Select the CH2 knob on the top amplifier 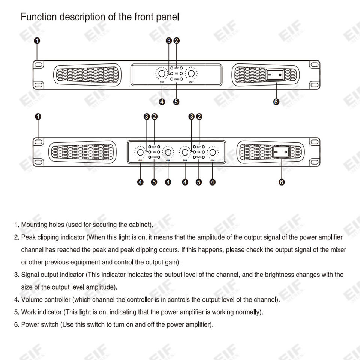[x=192, y=73]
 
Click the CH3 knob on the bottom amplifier [x=185, y=153]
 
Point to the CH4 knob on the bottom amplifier [x=213, y=153]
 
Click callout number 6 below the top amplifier [x=276, y=102]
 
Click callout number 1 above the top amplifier [x=37, y=40]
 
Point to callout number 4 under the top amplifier [x=162, y=102]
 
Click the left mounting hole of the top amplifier [x=38, y=64]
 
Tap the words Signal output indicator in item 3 [x=52, y=275]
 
